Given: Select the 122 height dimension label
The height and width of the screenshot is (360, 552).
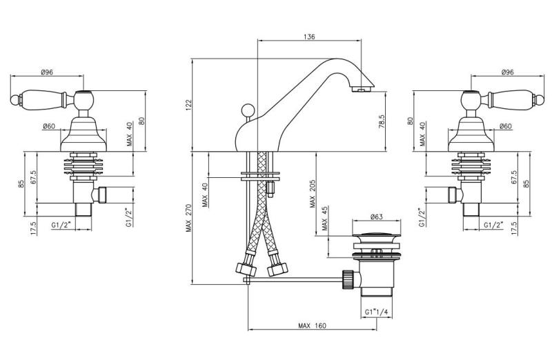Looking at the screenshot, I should pyautogui.click(x=188, y=104).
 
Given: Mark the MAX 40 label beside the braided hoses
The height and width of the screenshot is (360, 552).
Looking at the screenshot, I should pyautogui.click(x=204, y=195).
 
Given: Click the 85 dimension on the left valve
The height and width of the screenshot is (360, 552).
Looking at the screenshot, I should pyautogui.click(x=21, y=183).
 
